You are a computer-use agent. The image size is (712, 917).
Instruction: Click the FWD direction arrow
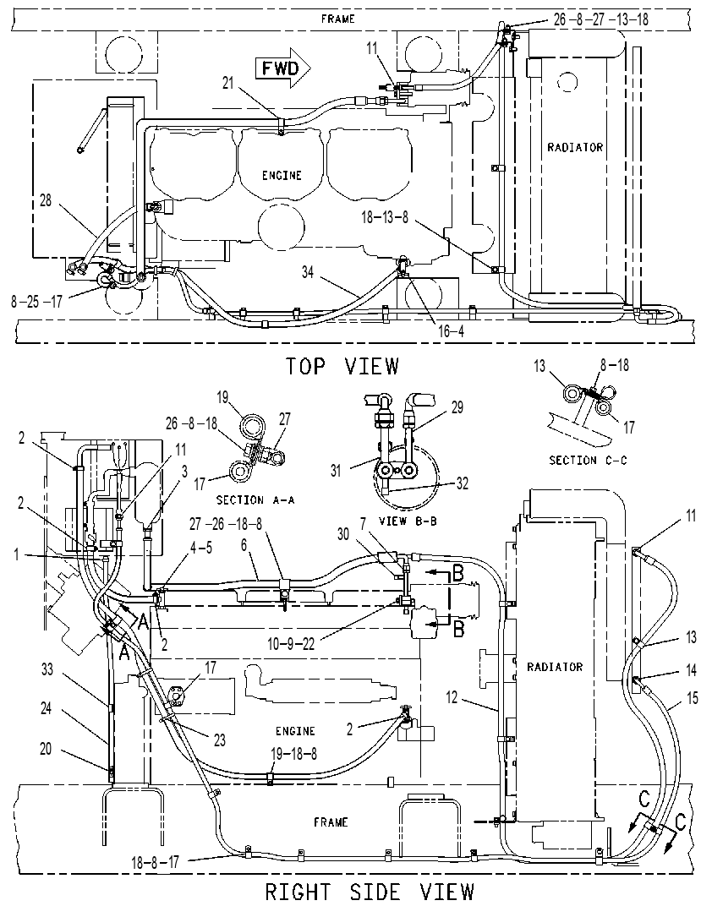click(x=282, y=69)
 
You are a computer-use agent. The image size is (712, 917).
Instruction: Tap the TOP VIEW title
click(x=342, y=367)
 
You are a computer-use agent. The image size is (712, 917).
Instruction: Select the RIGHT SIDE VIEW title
click(x=370, y=892)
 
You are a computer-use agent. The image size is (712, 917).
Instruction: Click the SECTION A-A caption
click(x=255, y=500)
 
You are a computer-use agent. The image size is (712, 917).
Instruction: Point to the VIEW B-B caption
click(x=408, y=521)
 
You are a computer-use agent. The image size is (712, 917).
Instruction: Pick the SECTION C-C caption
click(x=588, y=461)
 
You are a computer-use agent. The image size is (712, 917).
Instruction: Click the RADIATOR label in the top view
click(x=574, y=147)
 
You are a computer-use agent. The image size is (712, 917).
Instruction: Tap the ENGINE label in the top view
click(x=282, y=176)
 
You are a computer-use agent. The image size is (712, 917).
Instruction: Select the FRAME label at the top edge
click(x=338, y=19)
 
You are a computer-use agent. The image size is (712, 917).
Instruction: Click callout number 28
click(x=46, y=200)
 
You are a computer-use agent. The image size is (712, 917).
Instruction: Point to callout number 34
click(x=309, y=272)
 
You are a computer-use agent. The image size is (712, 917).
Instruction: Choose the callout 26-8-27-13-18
click(x=601, y=19)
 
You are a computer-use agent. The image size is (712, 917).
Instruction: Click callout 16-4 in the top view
click(x=451, y=331)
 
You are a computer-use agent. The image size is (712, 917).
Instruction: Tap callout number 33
click(x=47, y=669)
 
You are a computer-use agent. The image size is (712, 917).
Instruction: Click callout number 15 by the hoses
click(x=692, y=698)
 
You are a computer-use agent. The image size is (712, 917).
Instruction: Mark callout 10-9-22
click(x=291, y=644)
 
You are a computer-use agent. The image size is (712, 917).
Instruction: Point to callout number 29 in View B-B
click(x=457, y=407)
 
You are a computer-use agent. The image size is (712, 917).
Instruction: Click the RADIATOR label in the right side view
click(x=555, y=667)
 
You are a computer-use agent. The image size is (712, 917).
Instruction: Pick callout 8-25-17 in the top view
click(x=36, y=302)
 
